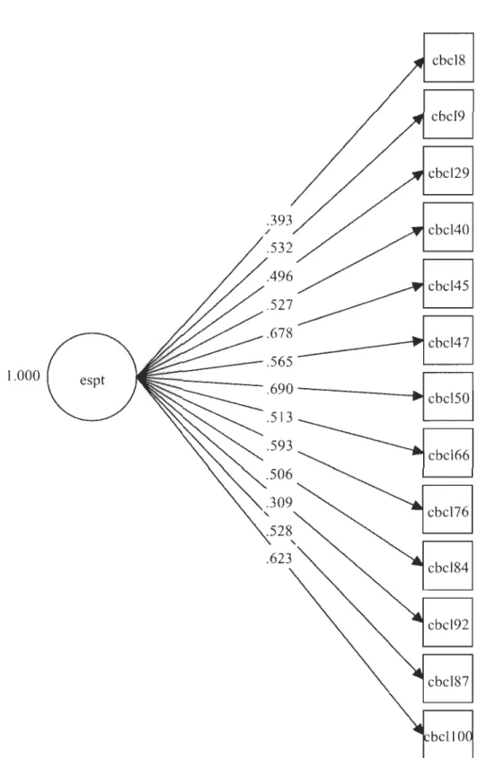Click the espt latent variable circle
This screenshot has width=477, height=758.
[92, 376]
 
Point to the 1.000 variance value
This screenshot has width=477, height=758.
[23, 375]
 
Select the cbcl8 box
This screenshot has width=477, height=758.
[448, 57]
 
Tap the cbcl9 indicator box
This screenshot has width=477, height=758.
[448, 114]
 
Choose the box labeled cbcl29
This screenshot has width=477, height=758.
[448, 171]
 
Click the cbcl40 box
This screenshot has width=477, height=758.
[448, 227]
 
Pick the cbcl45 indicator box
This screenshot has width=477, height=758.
[448, 284]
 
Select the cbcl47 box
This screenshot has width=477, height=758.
[448, 340]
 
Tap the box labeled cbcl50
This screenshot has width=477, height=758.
[448, 396]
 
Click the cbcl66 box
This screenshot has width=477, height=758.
[448, 453]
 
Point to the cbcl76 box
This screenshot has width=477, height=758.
[447, 509]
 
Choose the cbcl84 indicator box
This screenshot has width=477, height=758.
[447, 566]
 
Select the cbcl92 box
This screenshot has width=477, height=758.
[447, 622]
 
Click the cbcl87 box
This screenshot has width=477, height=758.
[447, 679]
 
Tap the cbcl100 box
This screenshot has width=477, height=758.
[447, 734]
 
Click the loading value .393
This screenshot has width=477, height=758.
[279, 220]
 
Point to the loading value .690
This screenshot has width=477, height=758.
[279, 389]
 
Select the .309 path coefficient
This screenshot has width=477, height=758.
[279, 503]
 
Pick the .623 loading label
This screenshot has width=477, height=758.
[278, 559]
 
